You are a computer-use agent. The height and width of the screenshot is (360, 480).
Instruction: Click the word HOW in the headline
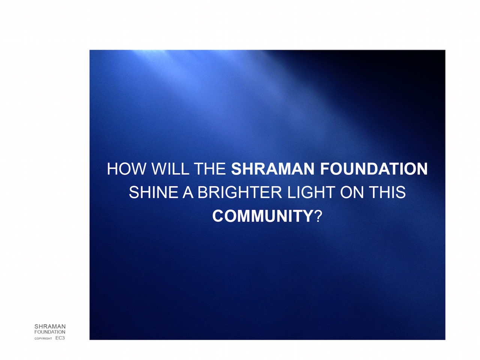(x=126, y=169)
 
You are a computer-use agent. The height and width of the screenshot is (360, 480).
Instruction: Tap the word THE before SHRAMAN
(x=210, y=169)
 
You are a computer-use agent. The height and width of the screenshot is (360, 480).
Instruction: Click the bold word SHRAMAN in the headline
(x=273, y=169)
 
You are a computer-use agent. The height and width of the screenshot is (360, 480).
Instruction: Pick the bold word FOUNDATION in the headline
(x=374, y=169)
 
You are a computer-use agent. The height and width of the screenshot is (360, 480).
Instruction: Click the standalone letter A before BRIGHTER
(x=188, y=192)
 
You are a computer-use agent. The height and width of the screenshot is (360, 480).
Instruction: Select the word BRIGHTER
(x=240, y=192)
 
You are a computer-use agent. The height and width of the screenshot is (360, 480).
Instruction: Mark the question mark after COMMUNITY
(x=318, y=216)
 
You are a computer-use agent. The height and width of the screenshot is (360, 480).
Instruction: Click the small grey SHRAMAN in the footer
(x=50, y=327)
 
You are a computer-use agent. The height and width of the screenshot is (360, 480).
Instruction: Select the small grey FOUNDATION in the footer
(x=50, y=332)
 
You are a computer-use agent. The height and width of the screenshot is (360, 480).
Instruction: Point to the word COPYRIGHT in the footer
(x=43, y=339)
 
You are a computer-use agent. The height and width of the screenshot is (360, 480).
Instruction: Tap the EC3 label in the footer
(x=60, y=338)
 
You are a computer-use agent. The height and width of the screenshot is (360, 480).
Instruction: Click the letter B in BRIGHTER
(x=203, y=192)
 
